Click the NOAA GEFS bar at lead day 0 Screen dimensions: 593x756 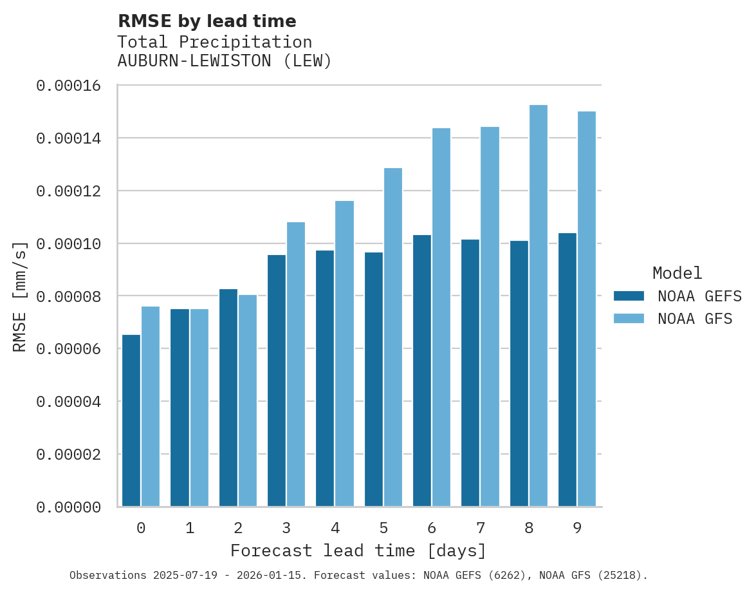coord(131,420)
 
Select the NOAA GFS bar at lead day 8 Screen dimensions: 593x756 coord(539,306)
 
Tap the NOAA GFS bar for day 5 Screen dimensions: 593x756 coord(393,337)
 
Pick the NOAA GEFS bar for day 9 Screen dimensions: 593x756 coord(567,370)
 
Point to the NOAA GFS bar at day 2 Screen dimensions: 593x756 coord(248,400)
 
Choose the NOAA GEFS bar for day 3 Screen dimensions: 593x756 coord(277,381)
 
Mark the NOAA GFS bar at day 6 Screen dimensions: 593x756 coord(441,317)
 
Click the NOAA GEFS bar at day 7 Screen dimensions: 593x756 coord(470,373)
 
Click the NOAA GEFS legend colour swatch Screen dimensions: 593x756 coord(629,296)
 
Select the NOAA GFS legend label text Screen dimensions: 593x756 coord(695,319)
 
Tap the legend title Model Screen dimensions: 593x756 coord(677,273)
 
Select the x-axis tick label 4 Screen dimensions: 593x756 coord(335,529)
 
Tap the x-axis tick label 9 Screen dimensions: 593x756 coord(577,529)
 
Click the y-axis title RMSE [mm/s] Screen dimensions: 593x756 coord(20,297)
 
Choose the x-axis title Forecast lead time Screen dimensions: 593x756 coord(358,551)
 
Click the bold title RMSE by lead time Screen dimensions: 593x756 coord(207,21)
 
